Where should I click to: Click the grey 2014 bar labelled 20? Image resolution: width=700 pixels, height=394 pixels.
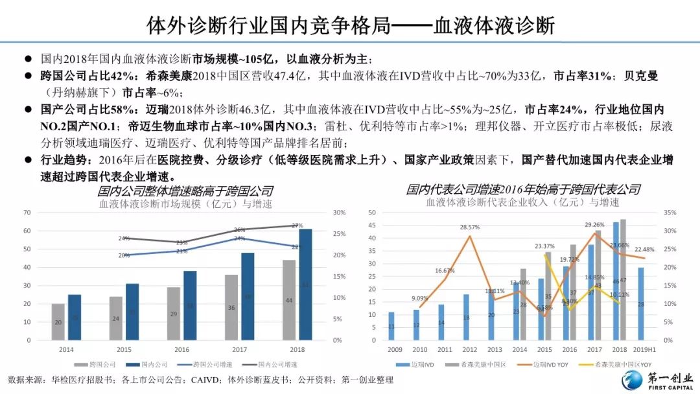point(58,321)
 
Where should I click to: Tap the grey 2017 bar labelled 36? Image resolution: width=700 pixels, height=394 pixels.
point(231,307)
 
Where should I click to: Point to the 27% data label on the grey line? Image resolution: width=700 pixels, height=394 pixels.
point(297,226)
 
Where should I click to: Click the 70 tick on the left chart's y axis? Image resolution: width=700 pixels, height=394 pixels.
point(27,213)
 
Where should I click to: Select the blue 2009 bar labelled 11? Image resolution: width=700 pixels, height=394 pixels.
point(391,326)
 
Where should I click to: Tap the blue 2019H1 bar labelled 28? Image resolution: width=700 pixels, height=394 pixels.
point(641,304)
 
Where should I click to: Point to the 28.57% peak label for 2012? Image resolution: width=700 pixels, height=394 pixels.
point(469,227)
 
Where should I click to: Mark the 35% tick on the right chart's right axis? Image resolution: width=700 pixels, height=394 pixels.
point(670,213)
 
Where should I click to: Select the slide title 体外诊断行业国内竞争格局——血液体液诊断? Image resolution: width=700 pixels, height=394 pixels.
point(351,26)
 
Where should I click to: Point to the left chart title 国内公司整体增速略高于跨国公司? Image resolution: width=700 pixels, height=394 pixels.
point(185,191)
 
